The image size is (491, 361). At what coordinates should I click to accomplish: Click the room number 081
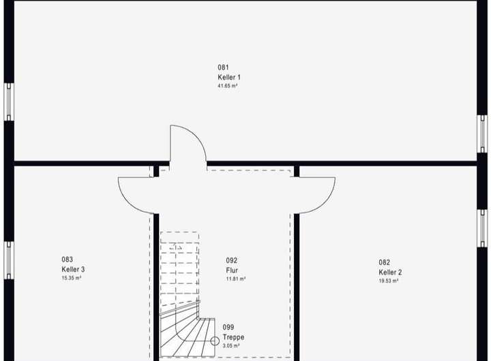[x=223, y=67]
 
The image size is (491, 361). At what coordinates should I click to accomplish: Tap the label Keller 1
[x=228, y=77]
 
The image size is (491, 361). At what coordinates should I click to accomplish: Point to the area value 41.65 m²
[x=227, y=87]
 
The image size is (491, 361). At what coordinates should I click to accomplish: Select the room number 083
[x=67, y=260]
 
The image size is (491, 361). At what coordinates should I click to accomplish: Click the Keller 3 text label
[x=73, y=269]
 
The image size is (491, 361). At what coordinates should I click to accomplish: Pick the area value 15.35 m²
[x=72, y=278]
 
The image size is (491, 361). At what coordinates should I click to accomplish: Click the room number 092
[x=231, y=260]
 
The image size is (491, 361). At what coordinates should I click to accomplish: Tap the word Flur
[x=232, y=270]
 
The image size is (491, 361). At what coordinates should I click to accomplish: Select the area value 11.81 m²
[x=235, y=279]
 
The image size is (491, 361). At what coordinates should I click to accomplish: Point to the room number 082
[x=385, y=262]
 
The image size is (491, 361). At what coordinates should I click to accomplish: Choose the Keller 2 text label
[x=390, y=272]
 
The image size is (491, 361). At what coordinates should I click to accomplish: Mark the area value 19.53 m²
[x=389, y=281]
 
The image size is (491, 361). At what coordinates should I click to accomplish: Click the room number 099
[x=228, y=328]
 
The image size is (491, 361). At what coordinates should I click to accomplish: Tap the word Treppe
[x=233, y=337]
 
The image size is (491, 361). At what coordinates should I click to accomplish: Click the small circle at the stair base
[x=214, y=341]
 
